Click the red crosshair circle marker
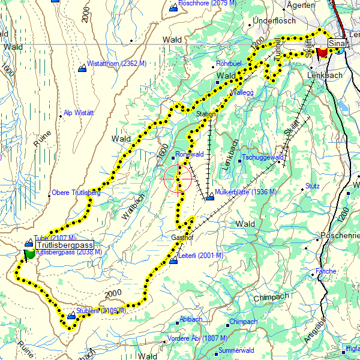coord(178,178)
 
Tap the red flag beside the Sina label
coord(323,52)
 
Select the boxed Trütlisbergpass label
coord(64,246)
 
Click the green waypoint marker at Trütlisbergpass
coord(29,254)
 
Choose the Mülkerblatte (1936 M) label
coord(245,192)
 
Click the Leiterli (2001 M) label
coord(200,256)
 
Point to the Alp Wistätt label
coord(82,113)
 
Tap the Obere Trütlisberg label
coord(76,193)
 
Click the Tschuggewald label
coord(262,157)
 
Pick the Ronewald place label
coord(190,154)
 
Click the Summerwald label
coord(237,350)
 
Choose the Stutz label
coord(312,186)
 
